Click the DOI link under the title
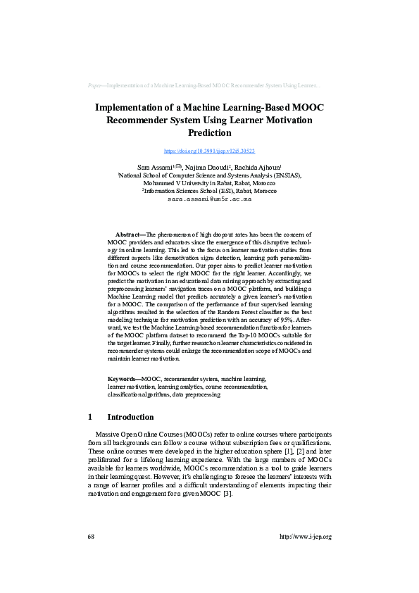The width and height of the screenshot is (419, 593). [x=209, y=151]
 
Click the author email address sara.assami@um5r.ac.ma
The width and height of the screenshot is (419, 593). [x=209, y=199]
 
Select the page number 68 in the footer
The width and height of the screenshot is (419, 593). [x=92, y=537]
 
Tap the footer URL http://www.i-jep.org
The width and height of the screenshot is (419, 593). [x=305, y=537]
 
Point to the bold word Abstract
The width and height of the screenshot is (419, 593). [x=129, y=233]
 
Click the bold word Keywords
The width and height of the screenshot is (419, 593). [x=123, y=378]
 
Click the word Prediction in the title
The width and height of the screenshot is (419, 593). [x=209, y=132]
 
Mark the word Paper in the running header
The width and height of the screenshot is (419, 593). [x=95, y=85]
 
